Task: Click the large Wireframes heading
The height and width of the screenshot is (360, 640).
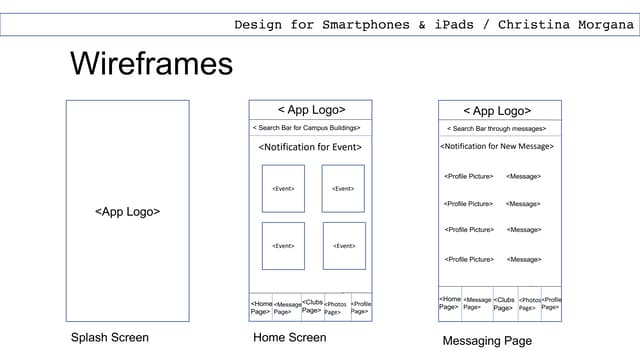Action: (151, 65)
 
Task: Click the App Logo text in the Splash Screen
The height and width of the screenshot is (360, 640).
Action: (128, 212)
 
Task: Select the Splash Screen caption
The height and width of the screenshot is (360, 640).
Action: (110, 338)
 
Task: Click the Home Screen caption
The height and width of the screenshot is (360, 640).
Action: (290, 338)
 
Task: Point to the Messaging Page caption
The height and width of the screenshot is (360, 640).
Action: (487, 342)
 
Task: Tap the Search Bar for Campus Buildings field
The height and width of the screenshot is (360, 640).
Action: (310, 128)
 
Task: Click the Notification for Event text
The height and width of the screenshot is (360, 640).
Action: (310, 148)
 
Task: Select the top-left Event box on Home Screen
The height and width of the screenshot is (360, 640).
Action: (283, 188)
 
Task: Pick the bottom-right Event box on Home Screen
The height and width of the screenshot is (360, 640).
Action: (344, 246)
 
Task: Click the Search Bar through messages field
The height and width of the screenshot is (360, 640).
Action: (497, 129)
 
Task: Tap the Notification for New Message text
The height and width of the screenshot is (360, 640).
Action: (497, 147)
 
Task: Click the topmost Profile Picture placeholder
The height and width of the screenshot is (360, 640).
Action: (468, 177)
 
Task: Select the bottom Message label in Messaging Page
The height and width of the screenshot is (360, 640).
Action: (524, 260)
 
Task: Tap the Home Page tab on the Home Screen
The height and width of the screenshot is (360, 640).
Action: (261, 307)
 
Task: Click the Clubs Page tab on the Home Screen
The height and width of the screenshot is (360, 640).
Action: (312, 306)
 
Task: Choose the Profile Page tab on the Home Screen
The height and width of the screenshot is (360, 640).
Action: (361, 307)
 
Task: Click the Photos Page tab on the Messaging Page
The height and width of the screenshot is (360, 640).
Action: (529, 304)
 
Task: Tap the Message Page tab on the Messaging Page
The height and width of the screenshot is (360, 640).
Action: (477, 304)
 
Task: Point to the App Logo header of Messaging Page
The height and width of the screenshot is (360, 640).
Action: (497, 111)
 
